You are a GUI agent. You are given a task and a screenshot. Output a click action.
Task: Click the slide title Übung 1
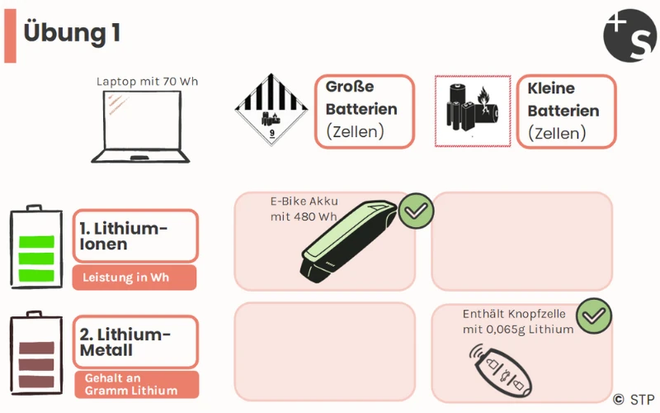(x=73, y=32)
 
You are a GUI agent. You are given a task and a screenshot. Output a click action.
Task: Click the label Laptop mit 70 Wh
(x=147, y=82)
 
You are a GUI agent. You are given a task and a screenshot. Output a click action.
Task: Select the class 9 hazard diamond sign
(x=271, y=110)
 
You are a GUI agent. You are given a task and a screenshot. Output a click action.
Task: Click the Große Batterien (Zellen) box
(x=364, y=111)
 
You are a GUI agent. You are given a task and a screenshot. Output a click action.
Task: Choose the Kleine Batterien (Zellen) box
(x=566, y=112)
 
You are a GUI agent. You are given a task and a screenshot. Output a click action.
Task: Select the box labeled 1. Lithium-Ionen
(x=135, y=235)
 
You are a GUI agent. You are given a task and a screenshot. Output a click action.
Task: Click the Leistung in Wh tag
(x=134, y=278)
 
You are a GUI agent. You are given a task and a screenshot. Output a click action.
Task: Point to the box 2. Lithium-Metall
(x=135, y=342)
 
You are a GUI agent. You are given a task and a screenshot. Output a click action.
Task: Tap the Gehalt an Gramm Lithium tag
(x=135, y=384)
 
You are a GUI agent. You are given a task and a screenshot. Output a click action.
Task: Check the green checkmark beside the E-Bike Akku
(x=417, y=211)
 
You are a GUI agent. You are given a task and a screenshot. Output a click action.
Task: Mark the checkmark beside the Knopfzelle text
(x=593, y=316)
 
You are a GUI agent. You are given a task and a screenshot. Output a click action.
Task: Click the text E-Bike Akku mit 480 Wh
(x=304, y=209)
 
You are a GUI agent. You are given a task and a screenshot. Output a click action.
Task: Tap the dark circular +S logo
(x=630, y=36)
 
